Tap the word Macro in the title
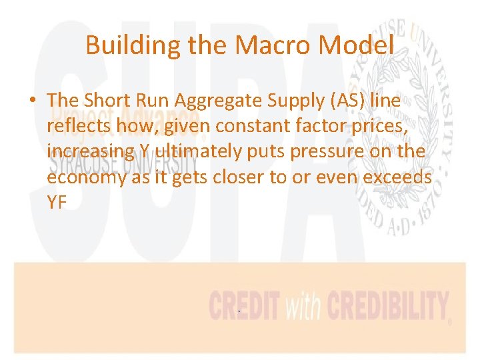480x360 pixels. [265, 45]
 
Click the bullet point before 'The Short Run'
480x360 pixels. [32, 101]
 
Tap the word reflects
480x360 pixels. [77, 126]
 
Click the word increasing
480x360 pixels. [91, 151]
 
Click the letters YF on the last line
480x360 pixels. [57, 202]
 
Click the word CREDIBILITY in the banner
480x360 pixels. [387, 307]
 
